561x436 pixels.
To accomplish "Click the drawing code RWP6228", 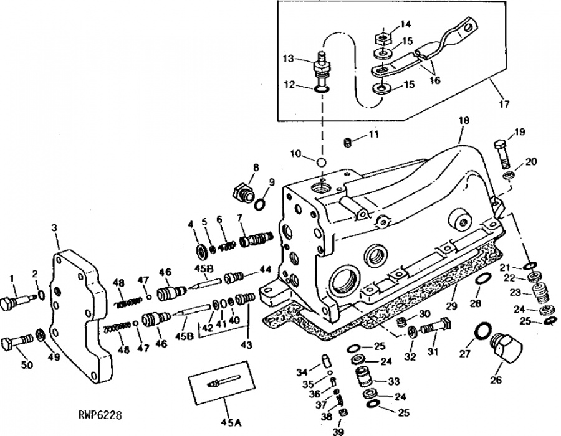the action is [x=100, y=415].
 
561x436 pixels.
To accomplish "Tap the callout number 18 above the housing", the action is [x=463, y=120].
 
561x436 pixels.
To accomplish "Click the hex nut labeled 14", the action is [x=383, y=37].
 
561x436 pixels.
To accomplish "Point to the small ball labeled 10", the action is [x=322, y=161].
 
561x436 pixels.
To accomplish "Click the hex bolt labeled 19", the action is [x=502, y=154].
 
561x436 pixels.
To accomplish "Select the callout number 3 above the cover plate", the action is [x=54, y=227].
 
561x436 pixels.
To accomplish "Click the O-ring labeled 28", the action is [x=484, y=279].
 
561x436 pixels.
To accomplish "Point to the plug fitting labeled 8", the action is [x=243, y=193].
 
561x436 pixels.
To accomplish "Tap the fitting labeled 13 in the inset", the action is [x=322, y=72].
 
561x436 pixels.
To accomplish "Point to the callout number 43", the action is [x=246, y=345].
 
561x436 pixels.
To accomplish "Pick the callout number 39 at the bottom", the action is [x=338, y=432].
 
